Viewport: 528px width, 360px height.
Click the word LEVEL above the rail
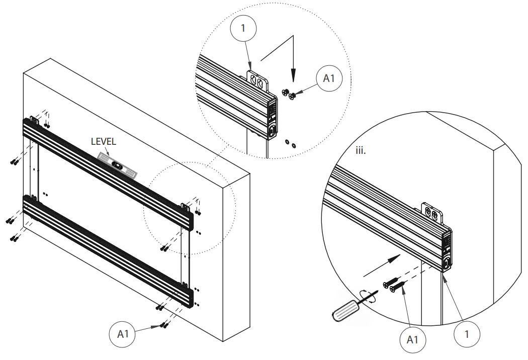103,142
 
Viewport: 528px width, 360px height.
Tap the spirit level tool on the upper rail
117,164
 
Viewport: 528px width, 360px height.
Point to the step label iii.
361,150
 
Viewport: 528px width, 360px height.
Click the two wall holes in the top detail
290,144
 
